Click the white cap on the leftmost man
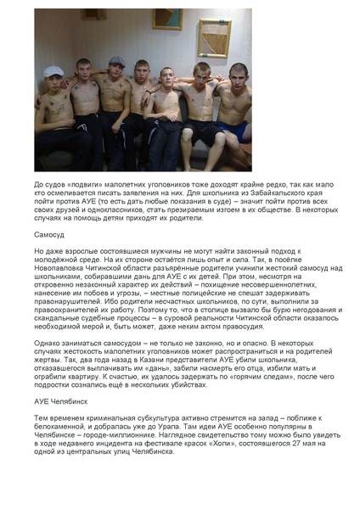point(54,72)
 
